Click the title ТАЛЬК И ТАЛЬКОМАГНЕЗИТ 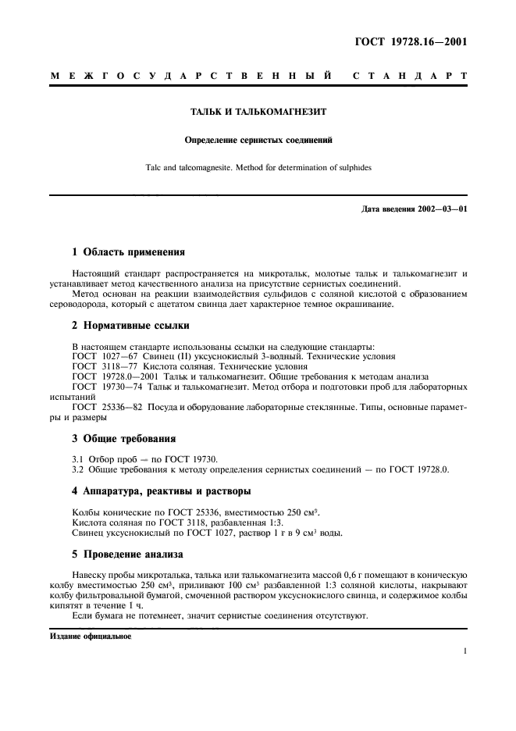pos(258,112)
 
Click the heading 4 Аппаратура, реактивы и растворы pos(161,491)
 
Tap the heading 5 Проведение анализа pos(127,554)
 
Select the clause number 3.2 pos(78,469)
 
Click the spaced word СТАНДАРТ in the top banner pos(410,77)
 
